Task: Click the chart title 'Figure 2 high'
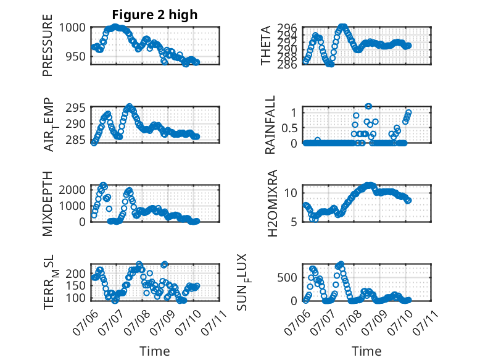pos(155,15)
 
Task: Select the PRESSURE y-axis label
pos(48,45)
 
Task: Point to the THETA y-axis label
pos(266,45)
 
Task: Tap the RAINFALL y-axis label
pos(270,125)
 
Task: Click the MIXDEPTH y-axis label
pos(48,204)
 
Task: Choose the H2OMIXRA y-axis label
pos(272,203)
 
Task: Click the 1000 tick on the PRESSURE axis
pos(72,28)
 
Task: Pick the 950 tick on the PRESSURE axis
pos(76,56)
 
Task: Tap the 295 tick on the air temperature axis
pos(76,108)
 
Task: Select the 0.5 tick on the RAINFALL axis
pos(289,128)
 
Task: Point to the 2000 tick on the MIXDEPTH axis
pos(72,190)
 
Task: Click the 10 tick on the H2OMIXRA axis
pos(291,193)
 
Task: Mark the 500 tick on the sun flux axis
pos(288,278)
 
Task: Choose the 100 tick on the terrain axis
pos(76,298)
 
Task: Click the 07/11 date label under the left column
pos(215,322)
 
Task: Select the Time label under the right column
pos(366,351)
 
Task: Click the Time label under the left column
pos(155,351)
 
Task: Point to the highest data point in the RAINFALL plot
pos(368,106)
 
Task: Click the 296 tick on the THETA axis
pos(288,28)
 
